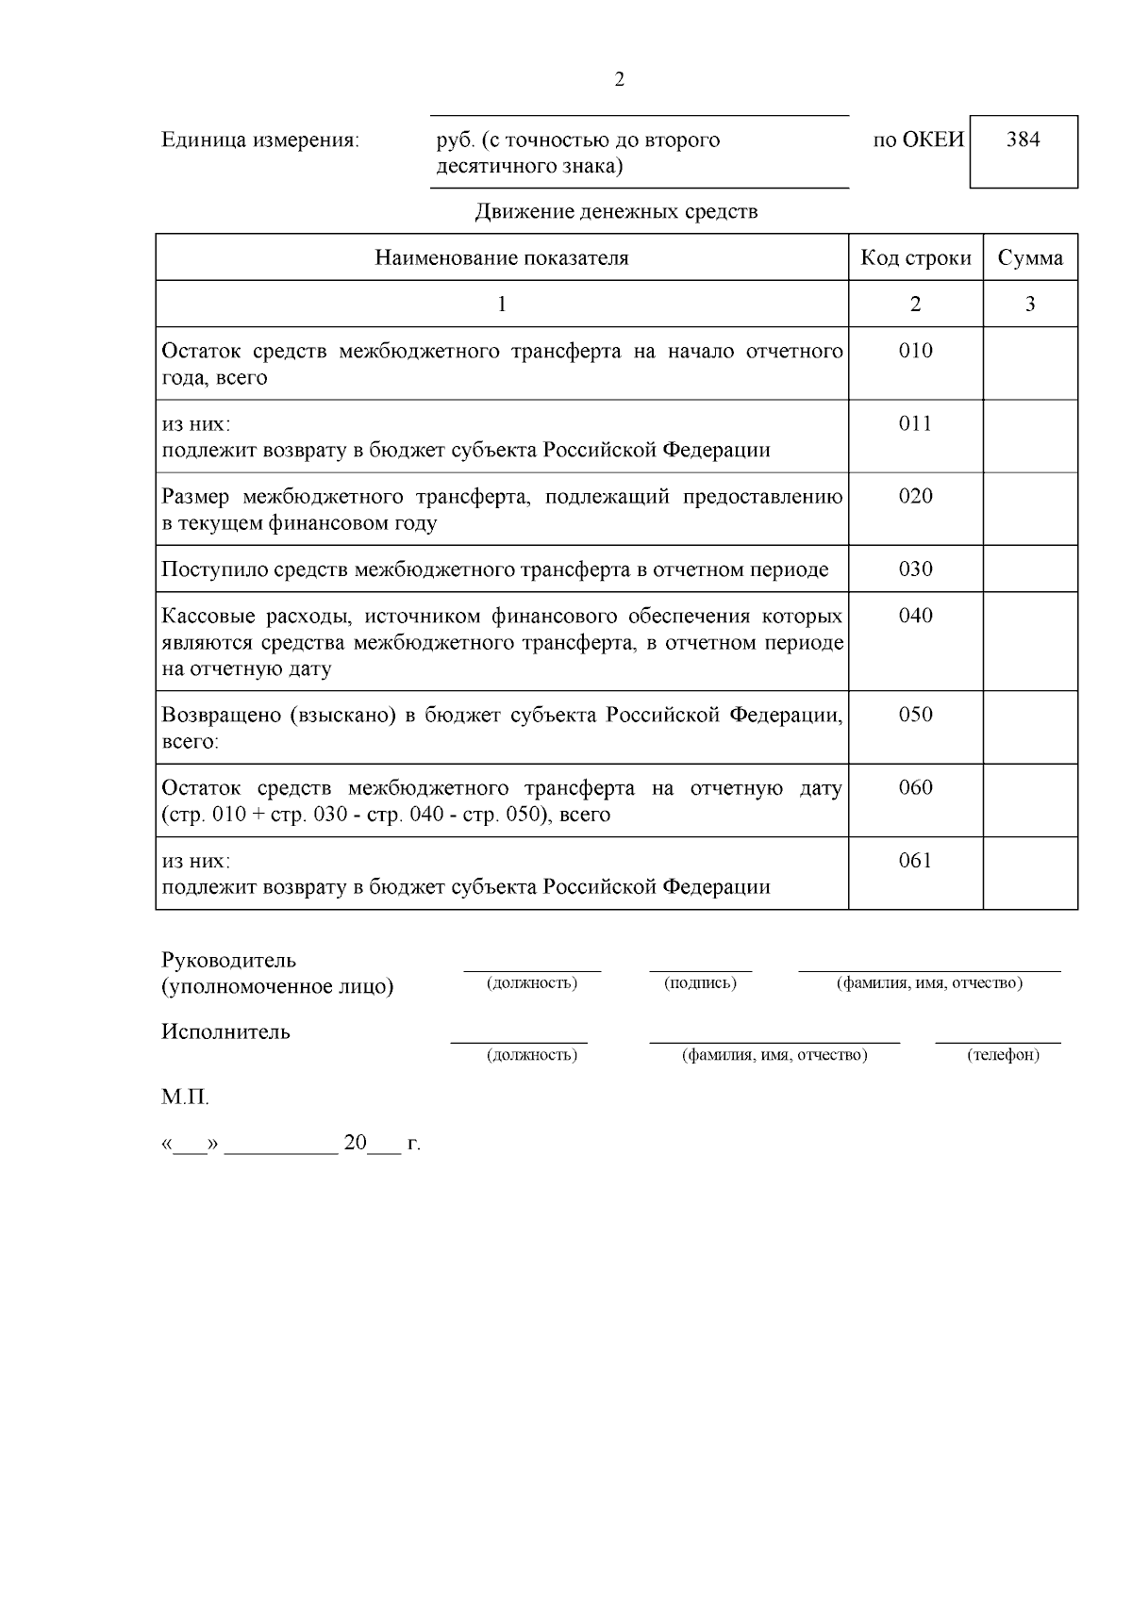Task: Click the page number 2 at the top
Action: [x=619, y=80]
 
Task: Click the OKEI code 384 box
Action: [x=1024, y=151]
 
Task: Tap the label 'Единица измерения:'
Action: [x=260, y=140]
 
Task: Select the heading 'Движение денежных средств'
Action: [x=616, y=211]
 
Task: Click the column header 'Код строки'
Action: [x=915, y=258]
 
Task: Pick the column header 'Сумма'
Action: [x=1030, y=258]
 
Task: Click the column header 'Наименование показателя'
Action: [x=502, y=258]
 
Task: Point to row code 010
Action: [x=915, y=352]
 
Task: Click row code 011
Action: [x=915, y=424]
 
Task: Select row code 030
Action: [x=915, y=569]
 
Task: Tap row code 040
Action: [x=915, y=617]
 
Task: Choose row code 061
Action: [x=915, y=861]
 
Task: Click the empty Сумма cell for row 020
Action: [x=1030, y=509]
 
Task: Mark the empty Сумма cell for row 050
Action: [x=1030, y=727]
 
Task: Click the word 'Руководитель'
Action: [x=229, y=961]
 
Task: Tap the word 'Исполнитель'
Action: [x=225, y=1031]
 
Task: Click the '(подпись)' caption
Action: [x=700, y=983]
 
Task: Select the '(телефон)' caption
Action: [x=1003, y=1055]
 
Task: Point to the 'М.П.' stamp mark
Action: [x=185, y=1098]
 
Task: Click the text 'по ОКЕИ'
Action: [x=919, y=140]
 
